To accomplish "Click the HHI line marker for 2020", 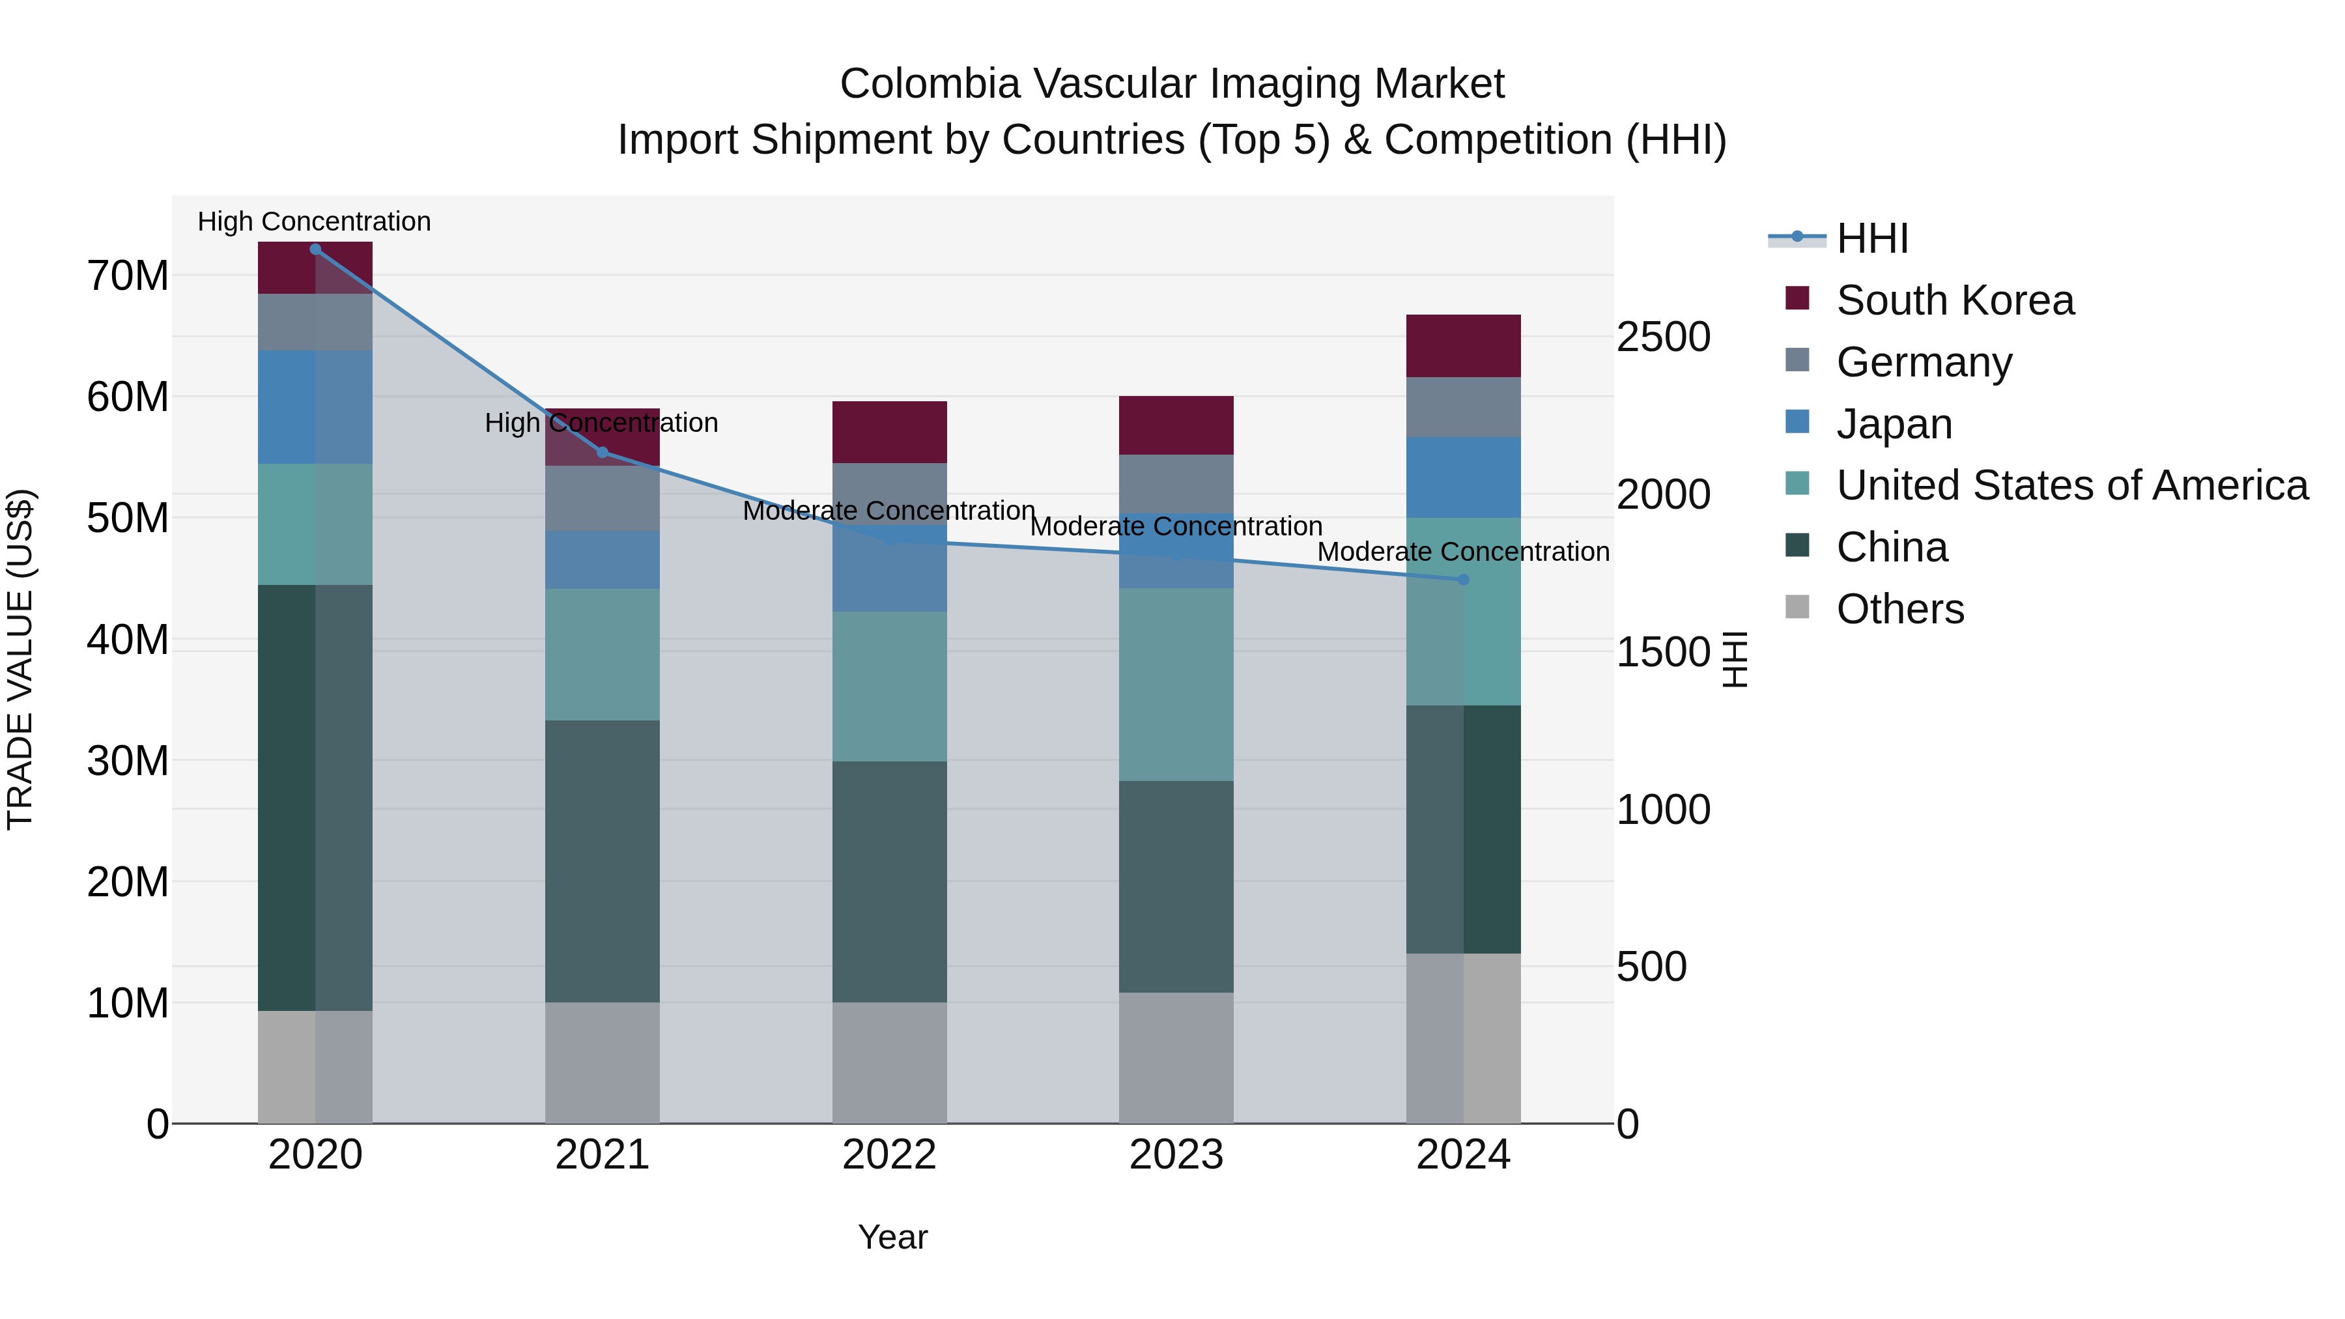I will click(315, 249).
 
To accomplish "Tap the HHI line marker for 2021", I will click(602, 453).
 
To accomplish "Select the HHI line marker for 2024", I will click(1463, 580).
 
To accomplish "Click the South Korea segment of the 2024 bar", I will click(1463, 346).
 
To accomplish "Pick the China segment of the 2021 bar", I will click(602, 861).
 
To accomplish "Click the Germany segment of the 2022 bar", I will click(888, 492).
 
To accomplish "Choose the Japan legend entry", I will click(1894, 424).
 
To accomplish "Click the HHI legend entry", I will click(1871, 238).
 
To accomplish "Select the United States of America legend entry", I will click(2071, 485).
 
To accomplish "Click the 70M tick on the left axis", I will click(128, 276).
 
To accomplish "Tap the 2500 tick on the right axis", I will click(1663, 337).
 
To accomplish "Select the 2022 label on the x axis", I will click(888, 1155).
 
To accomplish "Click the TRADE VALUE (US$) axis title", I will click(20, 659).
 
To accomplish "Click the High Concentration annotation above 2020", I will click(314, 221).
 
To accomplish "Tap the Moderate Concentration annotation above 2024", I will click(1463, 552).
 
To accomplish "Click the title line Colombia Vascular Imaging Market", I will click(1172, 84).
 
